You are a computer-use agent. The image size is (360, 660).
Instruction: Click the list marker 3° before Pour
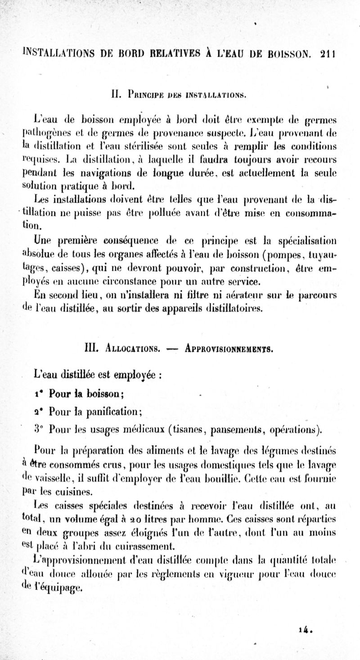coord(40,427)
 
